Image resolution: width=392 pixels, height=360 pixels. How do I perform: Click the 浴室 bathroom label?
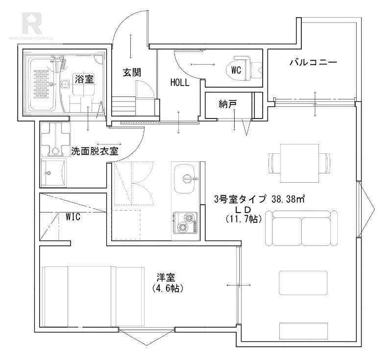[84, 78]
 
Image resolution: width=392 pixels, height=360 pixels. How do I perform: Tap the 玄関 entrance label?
[132, 72]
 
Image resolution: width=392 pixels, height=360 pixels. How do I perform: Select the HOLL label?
[180, 83]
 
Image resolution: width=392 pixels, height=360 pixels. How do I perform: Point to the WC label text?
[236, 70]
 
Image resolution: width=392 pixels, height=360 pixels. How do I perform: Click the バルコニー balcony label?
[313, 63]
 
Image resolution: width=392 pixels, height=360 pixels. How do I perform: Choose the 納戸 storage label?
[228, 104]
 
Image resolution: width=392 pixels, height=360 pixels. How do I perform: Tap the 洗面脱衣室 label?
[95, 151]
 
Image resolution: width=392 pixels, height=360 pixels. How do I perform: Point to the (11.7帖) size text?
[244, 219]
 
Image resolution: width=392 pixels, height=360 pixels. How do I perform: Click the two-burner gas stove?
[185, 223]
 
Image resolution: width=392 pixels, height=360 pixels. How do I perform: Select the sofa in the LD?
[301, 228]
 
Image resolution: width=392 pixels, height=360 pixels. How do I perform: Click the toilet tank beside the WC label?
[256, 69]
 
